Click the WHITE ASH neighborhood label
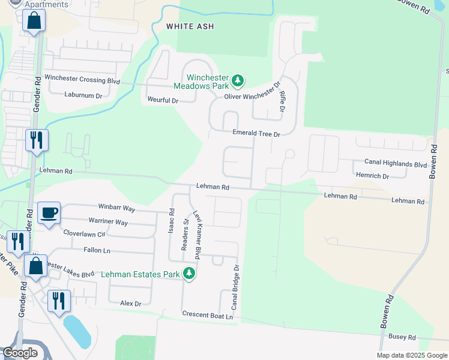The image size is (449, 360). [190, 26]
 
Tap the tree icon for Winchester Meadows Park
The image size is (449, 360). [238, 80]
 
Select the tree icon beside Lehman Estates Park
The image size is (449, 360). [190, 274]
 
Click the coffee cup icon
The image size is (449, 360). [49, 212]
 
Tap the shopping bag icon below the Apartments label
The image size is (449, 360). [34, 21]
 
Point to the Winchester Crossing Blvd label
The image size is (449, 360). [82, 80]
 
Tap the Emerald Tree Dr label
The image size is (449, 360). [256, 134]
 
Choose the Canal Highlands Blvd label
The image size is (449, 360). [395, 163]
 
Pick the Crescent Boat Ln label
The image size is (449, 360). [207, 315]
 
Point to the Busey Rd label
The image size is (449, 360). [402, 337]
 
